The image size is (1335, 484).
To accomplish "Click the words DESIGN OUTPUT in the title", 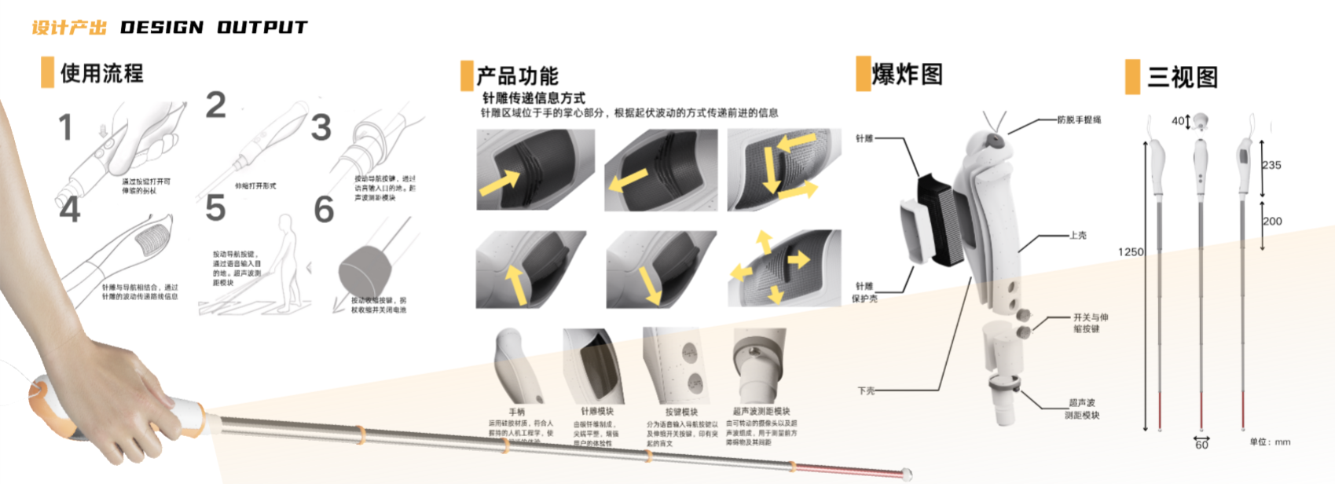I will coord(214,27).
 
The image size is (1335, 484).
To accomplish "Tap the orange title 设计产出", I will coord(69,27).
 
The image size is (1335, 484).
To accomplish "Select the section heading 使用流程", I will coord(102,74).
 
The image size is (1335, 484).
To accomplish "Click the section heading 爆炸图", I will coord(907,75).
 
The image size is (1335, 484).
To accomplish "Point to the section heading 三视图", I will coord(1183,77).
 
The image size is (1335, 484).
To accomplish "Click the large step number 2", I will coord(216,105).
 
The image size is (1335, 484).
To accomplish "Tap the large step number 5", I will coord(215,208).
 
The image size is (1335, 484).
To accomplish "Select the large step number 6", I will coord(324,210).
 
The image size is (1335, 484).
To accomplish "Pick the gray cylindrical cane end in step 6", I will coord(365,271).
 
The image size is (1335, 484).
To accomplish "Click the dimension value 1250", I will coord(1131,252).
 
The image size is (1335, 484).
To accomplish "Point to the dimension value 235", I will coord(1271,165).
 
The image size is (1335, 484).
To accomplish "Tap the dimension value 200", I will coord(1272,222).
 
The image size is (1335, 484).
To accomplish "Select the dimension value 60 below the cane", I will coord(1201,445).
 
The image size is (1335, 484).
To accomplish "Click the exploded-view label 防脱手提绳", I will coord(1079,120).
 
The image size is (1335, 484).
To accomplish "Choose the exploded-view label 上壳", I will coord(1078,236).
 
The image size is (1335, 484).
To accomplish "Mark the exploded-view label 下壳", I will coord(866,390).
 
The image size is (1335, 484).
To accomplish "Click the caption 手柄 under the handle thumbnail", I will coord(516,412).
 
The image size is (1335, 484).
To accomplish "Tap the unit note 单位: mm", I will coord(1270,442).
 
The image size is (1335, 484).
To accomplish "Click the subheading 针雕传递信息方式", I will coord(534,98).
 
